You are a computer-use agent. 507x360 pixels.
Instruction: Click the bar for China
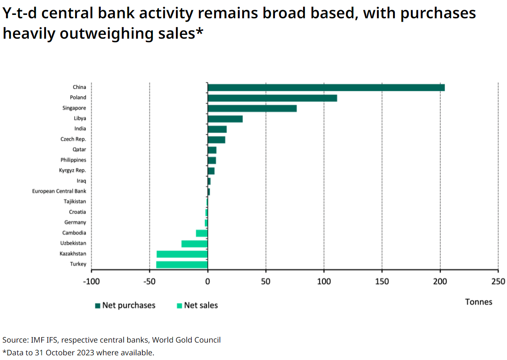tap(326, 88)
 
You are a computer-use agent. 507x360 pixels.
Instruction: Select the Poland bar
tap(272, 98)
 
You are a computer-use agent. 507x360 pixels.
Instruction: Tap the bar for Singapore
tap(252, 108)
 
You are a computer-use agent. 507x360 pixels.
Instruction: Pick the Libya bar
tap(225, 119)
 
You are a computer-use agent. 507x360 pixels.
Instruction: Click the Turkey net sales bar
tap(182, 264)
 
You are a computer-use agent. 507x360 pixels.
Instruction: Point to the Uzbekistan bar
tap(194, 244)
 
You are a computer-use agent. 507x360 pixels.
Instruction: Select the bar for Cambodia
tap(201, 233)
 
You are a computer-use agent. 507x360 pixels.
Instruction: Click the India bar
tap(217, 129)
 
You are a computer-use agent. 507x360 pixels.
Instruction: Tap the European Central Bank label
tap(59, 191)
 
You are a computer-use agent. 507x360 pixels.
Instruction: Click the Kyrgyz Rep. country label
tap(72, 170)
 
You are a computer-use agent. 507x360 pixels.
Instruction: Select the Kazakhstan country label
tap(73, 254)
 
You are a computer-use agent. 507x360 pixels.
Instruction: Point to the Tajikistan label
tap(75, 201)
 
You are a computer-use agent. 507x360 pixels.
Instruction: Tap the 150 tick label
tap(382, 281)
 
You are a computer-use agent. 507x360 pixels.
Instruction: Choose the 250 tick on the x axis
tap(498, 281)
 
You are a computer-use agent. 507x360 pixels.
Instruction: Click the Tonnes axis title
tap(479, 302)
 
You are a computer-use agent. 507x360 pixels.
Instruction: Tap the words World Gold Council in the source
tap(186, 340)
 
